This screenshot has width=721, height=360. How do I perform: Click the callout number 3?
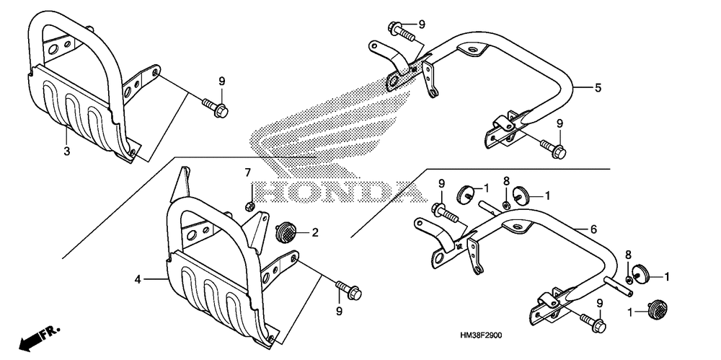coord(66,152)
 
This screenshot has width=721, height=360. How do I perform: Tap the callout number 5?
coord(597,89)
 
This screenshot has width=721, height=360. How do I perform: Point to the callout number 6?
coord(593,229)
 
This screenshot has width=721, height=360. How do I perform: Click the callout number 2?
coord(314,232)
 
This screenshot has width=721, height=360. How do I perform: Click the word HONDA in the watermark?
coord(332,192)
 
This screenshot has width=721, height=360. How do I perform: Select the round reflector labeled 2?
coord(287,232)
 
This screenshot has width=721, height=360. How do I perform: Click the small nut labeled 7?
coord(249,206)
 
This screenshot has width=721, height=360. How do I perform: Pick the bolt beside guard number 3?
coord(216,110)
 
